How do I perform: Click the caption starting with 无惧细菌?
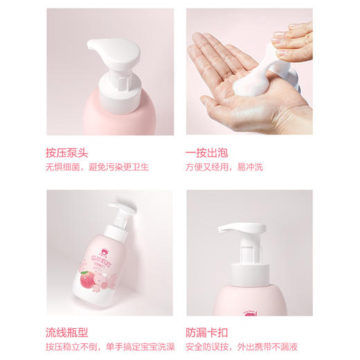pos(98,167)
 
